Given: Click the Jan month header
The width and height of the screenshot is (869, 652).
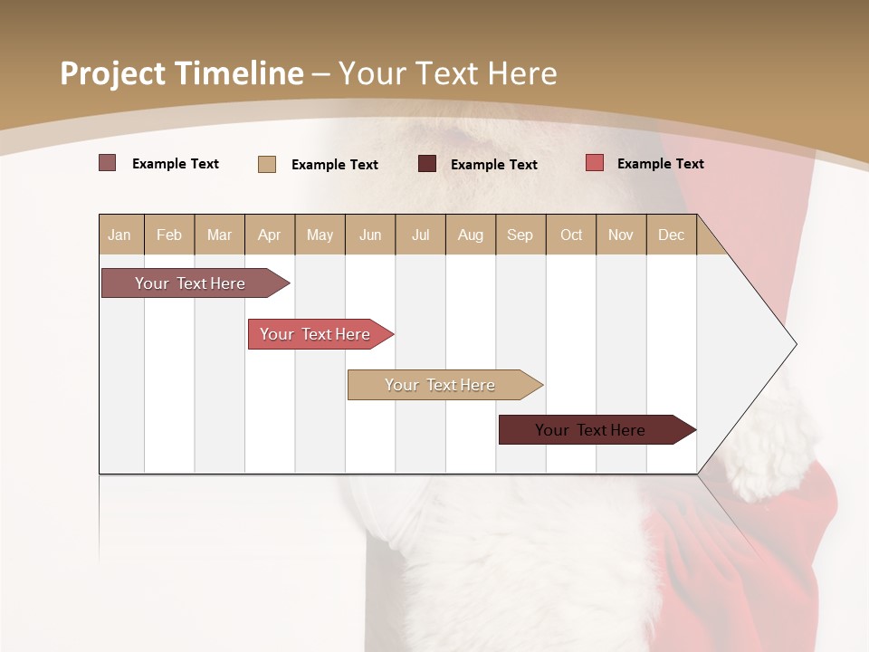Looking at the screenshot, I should [120, 235].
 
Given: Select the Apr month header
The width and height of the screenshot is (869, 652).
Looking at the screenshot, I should [270, 235].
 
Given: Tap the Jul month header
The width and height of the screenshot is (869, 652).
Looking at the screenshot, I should [420, 235].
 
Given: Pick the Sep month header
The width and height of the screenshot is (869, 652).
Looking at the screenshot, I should [520, 235].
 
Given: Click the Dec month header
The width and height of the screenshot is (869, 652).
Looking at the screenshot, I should [671, 235].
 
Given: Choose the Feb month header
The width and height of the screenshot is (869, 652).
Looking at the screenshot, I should [169, 235].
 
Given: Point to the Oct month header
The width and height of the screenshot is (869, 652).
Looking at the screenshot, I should [571, 235].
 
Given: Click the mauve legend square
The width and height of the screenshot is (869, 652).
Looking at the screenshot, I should [108, 163].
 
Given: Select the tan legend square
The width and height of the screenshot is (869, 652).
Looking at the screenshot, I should [267, 164].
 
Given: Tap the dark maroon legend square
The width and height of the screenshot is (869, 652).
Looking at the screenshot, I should [427, 164].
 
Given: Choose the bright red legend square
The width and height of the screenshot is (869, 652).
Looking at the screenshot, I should [595, 163].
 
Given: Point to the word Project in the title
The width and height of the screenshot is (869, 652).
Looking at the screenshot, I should [111, 73].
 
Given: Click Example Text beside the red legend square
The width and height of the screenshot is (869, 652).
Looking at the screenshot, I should [660, 163].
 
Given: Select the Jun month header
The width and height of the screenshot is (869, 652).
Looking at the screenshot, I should [370, 235].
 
